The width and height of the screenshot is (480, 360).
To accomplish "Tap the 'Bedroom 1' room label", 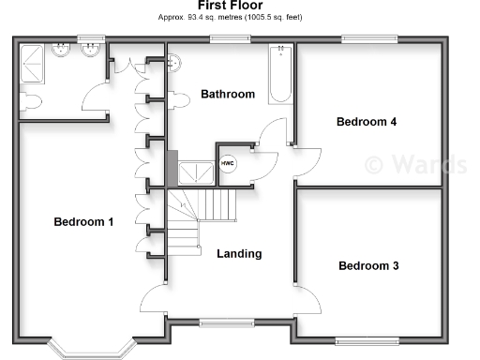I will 83,222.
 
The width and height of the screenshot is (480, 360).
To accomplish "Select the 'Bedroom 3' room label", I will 368,266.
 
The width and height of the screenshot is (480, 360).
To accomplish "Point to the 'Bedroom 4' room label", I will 367,122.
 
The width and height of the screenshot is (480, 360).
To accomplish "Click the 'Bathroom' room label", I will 228,95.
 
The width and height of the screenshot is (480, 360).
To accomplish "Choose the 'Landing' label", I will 239,254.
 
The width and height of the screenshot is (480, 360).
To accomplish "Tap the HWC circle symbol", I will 228,163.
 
